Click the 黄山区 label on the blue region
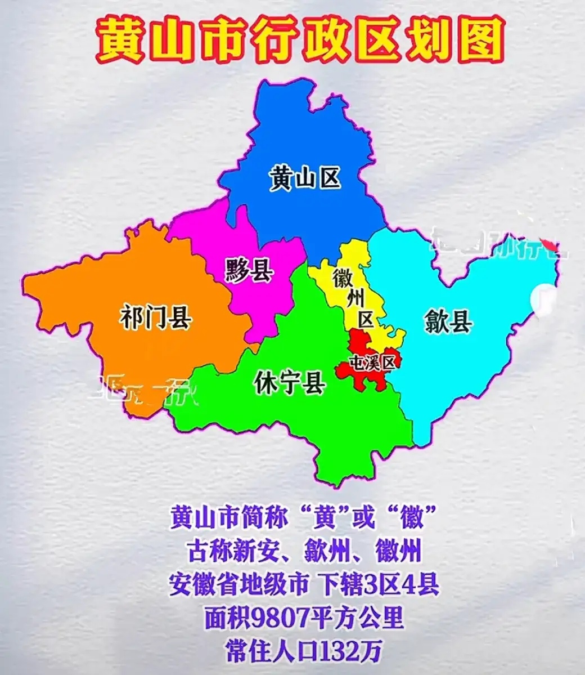tap(304, 179)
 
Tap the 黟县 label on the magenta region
tap(249, 270)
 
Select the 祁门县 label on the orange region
tap(156, 318)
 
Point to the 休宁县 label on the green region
tap(290, 383)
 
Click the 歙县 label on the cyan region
tap(448, 323)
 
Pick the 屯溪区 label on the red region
tap(373, 363)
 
